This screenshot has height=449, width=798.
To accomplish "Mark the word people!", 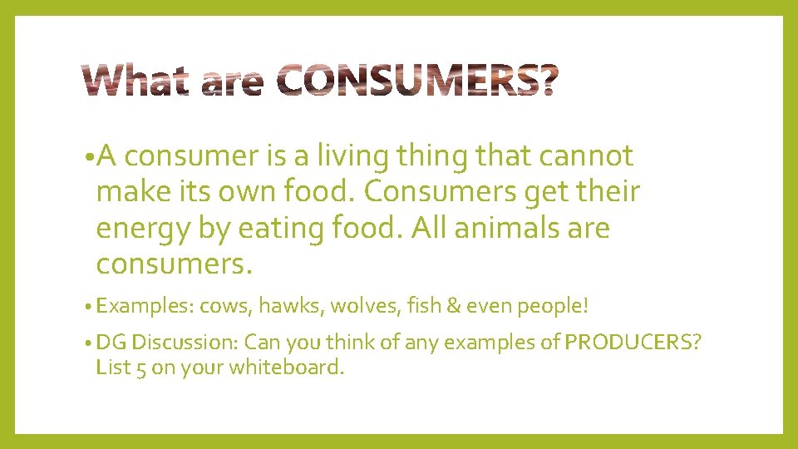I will (x=553, y=306).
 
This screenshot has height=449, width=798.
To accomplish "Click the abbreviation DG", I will (x=111, y=342).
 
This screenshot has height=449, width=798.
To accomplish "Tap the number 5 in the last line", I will (x=139, y=367).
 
